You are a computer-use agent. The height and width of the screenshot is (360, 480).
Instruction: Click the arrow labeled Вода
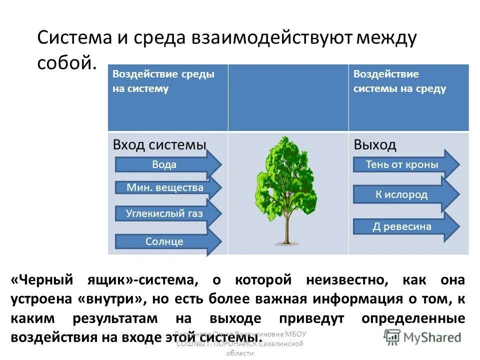pyautogui.click(x=165, y=164)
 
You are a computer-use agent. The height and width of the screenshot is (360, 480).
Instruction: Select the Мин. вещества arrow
pyautogui.click(x=165, y=188)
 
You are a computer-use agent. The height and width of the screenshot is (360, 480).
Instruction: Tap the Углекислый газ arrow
pyautogui.click(x=165, y=213)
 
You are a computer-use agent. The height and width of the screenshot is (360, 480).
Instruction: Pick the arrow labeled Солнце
pyautogui.click(x=165, y=241)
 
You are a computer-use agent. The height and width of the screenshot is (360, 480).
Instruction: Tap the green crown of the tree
pyautogui.click(x=283, y=175)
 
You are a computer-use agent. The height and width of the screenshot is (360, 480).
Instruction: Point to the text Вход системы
pyautogui.click(x=159, y=145)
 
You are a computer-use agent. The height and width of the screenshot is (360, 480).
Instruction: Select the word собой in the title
pyautogui.click(x=65, y=62)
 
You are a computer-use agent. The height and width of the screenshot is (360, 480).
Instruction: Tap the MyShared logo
pyautogui.click(x=423, y=336)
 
